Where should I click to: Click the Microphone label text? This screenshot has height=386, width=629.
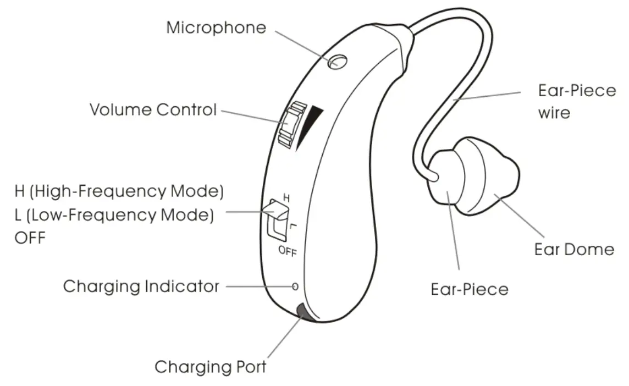(216, 27)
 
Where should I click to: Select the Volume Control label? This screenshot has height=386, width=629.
(153, 109)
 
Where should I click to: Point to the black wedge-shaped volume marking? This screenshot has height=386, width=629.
(308, 125)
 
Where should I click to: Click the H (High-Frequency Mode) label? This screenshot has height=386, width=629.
(119, 192)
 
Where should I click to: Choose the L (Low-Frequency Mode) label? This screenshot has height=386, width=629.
(114, 215)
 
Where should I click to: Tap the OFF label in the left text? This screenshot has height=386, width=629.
(30, 238)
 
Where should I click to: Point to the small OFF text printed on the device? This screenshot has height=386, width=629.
(288, 252)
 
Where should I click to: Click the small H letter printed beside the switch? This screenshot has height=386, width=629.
(285, 196)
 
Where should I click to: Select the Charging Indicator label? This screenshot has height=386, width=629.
(141, 286)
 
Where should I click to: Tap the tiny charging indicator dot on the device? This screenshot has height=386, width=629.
(295, 286)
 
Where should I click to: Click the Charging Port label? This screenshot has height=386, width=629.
(211, 367)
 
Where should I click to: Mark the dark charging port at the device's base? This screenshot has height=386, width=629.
(303, 313)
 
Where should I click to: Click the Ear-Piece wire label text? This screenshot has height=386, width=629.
(576, 101)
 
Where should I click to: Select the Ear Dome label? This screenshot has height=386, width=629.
(574, 249)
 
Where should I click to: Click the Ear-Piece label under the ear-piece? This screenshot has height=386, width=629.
(470, 289)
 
